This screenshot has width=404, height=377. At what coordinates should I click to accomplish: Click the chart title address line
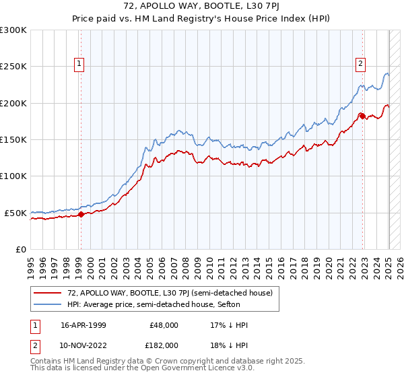pos(201,7)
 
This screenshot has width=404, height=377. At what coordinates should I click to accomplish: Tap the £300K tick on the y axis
pos(13,30)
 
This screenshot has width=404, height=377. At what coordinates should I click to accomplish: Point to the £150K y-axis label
pos(13,140)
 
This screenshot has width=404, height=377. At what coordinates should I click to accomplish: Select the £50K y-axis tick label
pos(15,213)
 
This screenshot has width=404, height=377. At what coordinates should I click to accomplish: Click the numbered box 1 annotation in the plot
pos(79,64)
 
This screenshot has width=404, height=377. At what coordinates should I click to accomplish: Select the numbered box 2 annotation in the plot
pos(360,64)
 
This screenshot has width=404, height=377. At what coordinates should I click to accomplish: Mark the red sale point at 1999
pos(81,214)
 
